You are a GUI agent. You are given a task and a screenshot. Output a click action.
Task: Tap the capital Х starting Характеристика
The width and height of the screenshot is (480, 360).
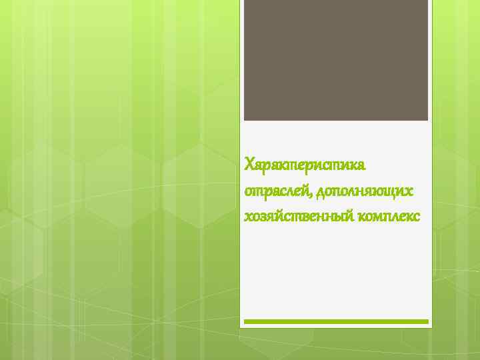click(249, 163)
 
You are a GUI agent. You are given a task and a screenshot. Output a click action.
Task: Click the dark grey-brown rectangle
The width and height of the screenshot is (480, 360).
click(335, 60)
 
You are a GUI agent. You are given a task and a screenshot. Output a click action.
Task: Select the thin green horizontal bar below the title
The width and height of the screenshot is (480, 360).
click(335, 321)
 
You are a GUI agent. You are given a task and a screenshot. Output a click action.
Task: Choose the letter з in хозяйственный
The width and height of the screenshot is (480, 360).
click(261, 217)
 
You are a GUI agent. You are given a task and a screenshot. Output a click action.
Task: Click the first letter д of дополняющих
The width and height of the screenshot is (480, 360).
click(321, 192)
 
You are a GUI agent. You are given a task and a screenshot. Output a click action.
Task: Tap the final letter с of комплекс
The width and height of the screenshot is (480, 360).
click(417, 217)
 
